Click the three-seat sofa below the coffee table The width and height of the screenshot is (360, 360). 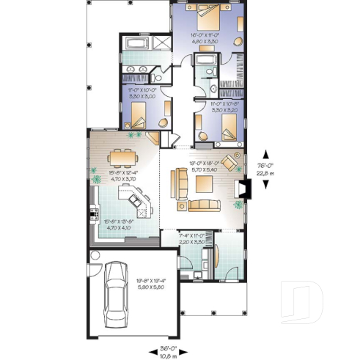[x=203, y=204]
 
